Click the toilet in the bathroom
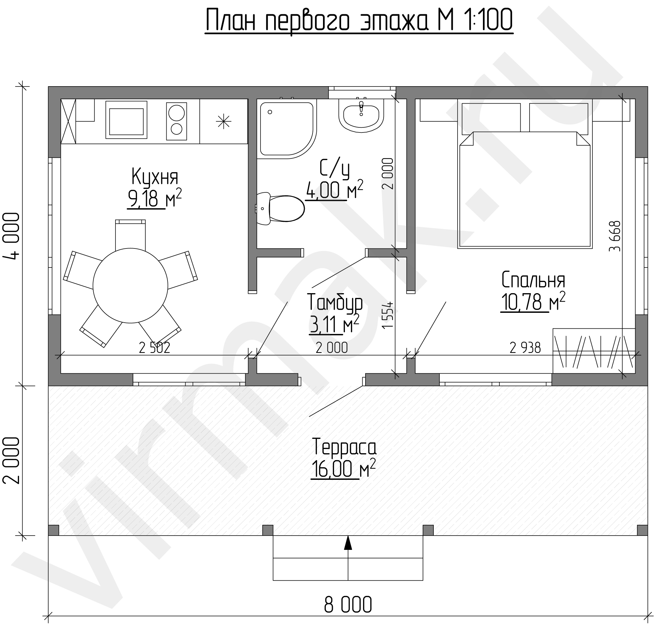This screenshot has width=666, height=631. point(280,209)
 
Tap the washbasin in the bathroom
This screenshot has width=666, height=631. point(361,114)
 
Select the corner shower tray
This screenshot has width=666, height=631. point(287,130)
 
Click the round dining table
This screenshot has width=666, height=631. point(130,286)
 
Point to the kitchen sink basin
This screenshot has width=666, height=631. point(126,120)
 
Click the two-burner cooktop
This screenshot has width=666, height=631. point(176,121)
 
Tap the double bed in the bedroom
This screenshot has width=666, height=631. point(524,175)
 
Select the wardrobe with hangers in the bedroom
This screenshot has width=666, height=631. point(594,351)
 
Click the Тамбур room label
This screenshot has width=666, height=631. point(335,302)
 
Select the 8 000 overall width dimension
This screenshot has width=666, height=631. point(348,605)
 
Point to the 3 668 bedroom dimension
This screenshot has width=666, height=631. point(615,236)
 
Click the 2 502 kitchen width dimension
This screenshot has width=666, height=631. point(155,348)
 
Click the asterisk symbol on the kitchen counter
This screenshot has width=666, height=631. point(224,121)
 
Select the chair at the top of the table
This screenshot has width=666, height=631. point(130,235)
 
